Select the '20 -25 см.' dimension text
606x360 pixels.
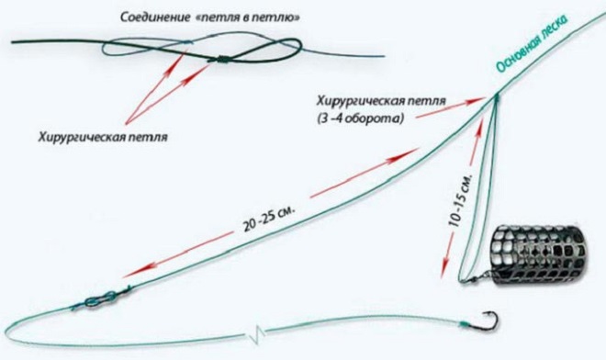(267, 218)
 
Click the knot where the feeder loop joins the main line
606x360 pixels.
(493, 96)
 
